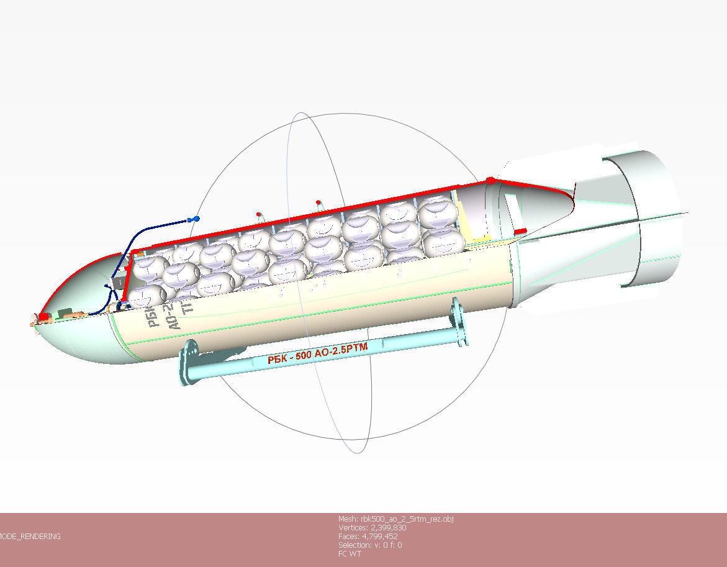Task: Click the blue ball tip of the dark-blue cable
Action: coord(197,219)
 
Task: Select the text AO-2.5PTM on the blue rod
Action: coord(341,350)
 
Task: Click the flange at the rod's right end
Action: coord(460,322)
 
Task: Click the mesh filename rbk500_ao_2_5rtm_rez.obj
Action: coord(395,519)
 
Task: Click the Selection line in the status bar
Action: coord(369,545)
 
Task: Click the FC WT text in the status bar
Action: coord(350,553)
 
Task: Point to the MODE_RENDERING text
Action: coord(30,537)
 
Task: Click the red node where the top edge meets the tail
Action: coord(490,180)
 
